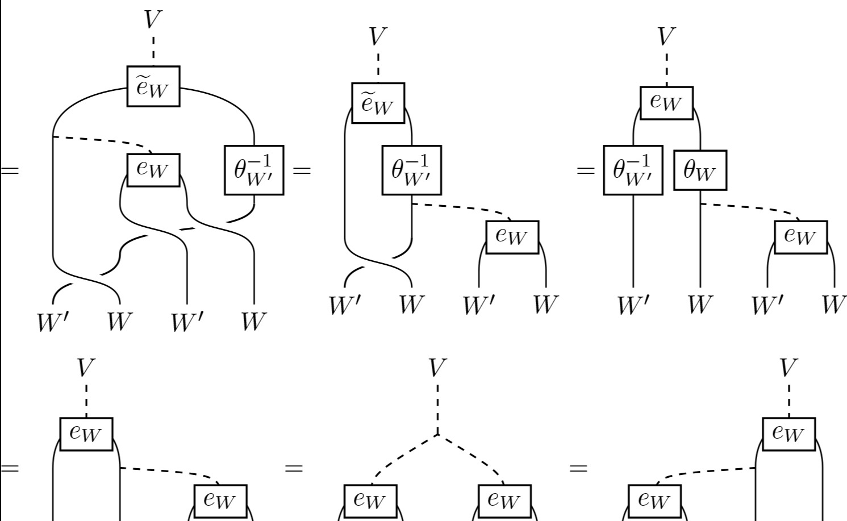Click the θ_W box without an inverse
click(700, 170)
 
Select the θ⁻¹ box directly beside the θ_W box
click(633, 170)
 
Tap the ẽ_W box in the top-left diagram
click(153, 86)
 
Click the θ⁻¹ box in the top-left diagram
click(254, 170)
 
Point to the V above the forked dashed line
click(437, 368)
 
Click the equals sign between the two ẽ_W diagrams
click(302, 170)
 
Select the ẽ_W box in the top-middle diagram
click(378, 103)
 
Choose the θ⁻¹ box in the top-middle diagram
click(411, 170)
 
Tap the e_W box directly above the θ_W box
click(666, 103)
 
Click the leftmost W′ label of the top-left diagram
click(53, 322)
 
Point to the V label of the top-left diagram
click(153, 19)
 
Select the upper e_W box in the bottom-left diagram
click(86, 434)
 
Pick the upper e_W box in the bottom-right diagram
click(788, 434)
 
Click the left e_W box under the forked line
click(370, 501)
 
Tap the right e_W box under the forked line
click(504, 501)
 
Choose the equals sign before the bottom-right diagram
click(578, 468)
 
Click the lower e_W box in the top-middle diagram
click(512, 237)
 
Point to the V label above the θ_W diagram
click(666, 36)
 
